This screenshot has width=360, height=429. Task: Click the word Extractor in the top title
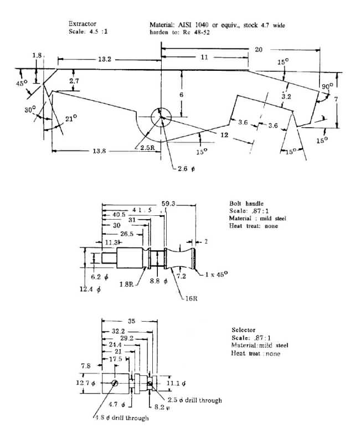[x=83, y=24]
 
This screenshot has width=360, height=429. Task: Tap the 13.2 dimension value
[x=105, y=59]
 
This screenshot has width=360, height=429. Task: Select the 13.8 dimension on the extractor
[x=99, y=151]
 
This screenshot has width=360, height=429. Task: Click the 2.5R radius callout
[x=147, y=148]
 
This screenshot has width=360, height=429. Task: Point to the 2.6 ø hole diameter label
[x=186, y=169]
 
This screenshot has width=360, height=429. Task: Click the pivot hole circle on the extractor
[x=161, y=117]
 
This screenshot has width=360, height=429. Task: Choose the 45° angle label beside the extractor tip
[x=22, y=83]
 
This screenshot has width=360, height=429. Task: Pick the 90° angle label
[x=327, y=86]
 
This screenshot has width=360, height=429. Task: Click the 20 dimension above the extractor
[x=259, y=49]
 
